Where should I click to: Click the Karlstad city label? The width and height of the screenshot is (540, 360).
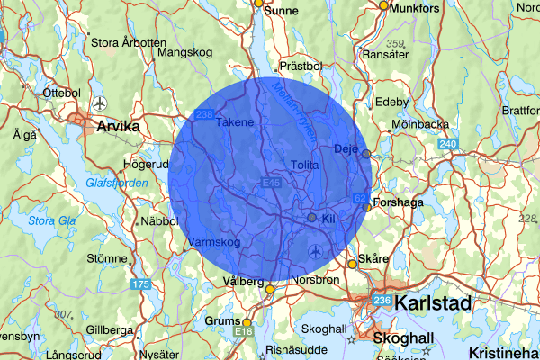coord(433,302)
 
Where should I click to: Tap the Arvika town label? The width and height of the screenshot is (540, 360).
coord(118,127)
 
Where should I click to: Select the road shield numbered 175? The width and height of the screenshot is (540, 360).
coord(140,284)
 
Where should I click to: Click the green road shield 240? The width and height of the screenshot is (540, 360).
coord(448,143)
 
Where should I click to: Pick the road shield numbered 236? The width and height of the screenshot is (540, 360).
coord(382,301)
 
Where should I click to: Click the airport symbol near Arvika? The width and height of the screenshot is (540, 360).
coord(98,101)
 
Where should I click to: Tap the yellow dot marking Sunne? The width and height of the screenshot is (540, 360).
coord(258,3)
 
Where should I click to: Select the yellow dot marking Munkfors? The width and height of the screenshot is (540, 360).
coord(383,5)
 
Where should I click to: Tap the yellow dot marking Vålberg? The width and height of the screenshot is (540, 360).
coord(269,289)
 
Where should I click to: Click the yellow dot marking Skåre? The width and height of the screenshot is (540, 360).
coord(352,264)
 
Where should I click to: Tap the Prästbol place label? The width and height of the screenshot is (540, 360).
coord(301,66)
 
